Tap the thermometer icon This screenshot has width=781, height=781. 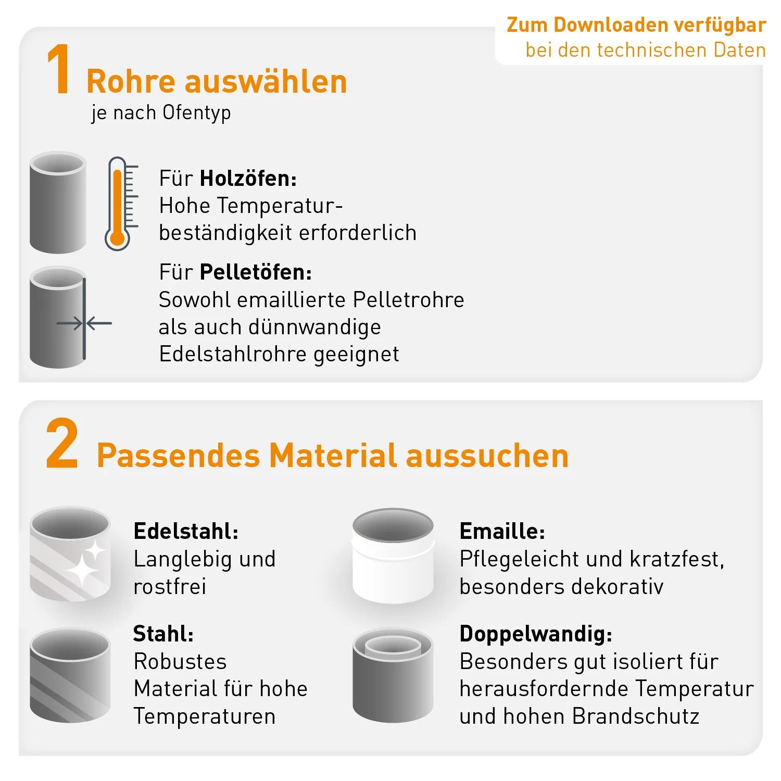(119, 204)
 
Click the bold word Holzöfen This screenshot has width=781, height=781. (248, 179)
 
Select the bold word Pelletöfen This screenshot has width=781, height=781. (256, 272)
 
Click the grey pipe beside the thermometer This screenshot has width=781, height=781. (57, 203)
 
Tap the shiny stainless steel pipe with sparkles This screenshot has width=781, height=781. (70, 554)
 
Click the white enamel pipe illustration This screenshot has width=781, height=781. (393, 556)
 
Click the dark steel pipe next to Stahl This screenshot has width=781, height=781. (70, 675)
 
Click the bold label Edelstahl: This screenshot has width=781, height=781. (186, 532)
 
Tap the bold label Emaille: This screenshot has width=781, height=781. (502, 532)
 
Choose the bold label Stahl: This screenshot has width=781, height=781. (163, 634)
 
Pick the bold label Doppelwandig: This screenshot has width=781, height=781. (536, 634)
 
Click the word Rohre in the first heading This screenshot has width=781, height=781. (131, 82)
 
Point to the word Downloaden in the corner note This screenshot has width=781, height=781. (609, 25)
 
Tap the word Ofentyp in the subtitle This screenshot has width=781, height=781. (196, 113)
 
